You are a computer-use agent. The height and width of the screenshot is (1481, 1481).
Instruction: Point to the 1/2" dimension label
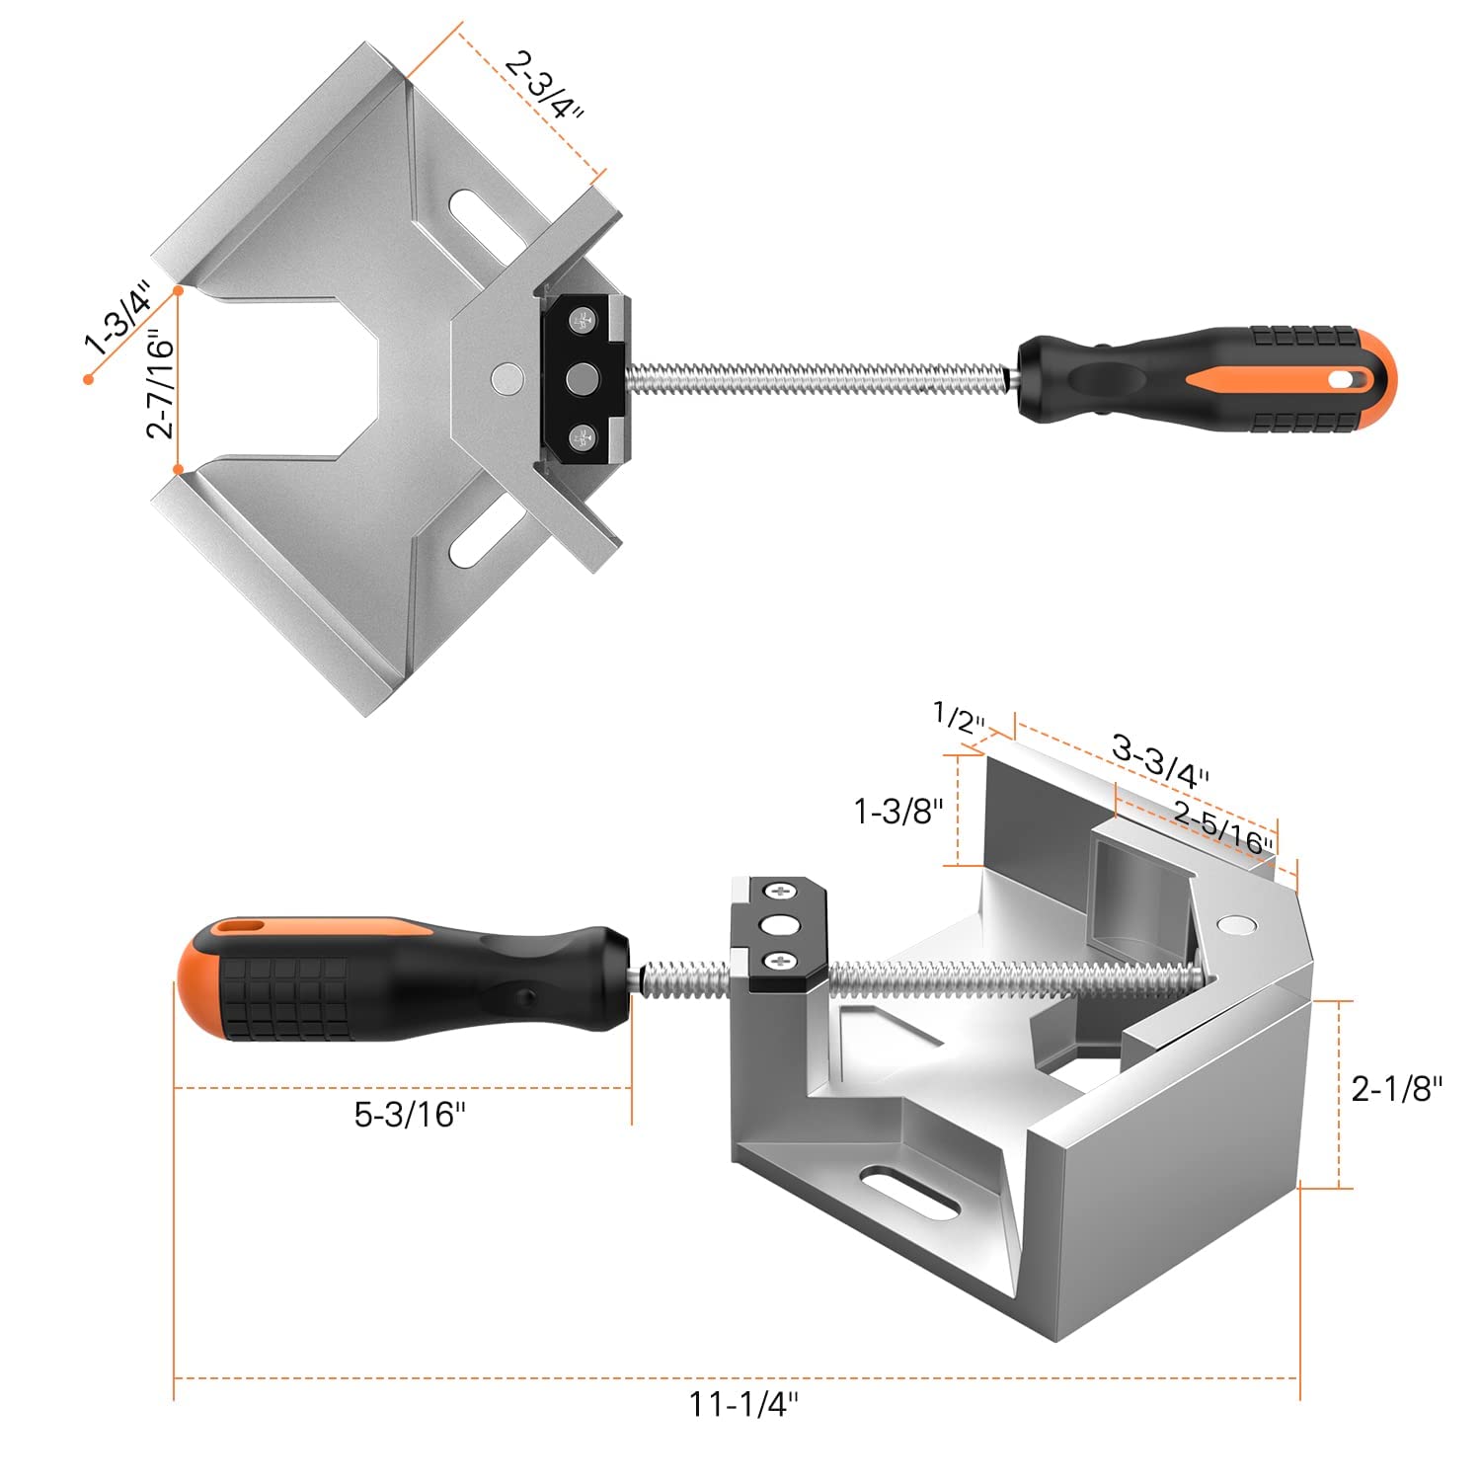point(960,718)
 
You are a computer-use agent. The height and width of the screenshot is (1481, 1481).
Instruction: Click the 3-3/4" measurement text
point(1160,761)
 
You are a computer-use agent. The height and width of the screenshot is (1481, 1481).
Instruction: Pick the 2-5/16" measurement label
point(1222,827)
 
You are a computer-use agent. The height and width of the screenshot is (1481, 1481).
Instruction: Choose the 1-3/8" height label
point(898,812)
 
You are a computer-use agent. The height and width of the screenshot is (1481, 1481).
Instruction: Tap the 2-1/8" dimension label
point(1396,1088)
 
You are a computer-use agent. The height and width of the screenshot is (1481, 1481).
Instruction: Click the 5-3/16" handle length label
point(410,1114)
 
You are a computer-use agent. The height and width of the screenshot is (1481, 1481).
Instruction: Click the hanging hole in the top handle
point(1344,378)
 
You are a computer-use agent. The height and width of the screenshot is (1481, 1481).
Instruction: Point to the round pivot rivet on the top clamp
point(507,378)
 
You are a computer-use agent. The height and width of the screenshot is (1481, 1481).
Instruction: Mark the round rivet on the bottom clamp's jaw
point(1235,924)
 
